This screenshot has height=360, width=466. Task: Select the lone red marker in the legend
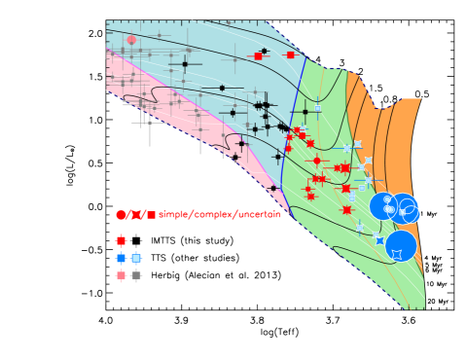coord(121,240)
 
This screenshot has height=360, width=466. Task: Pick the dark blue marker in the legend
coord(121,258)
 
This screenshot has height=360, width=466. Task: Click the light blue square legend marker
coord(136,258)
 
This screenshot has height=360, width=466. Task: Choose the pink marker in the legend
coord(121,275)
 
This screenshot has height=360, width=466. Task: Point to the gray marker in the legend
coord(136,275)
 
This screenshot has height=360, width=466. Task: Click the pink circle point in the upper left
coord(131,40)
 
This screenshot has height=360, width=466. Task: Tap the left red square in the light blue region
coord(258,55)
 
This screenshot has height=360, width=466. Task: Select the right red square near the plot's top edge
coord(290,54)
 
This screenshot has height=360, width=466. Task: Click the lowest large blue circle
coord(401,245)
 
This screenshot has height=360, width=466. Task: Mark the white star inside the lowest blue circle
coord(397,254)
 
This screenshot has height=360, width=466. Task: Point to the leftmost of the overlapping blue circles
coord(382,206)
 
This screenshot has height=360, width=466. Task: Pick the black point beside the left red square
coord(264,51)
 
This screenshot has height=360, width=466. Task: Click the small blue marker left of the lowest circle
coord(379,240)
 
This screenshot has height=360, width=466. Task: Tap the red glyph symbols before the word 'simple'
coord(135,214)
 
